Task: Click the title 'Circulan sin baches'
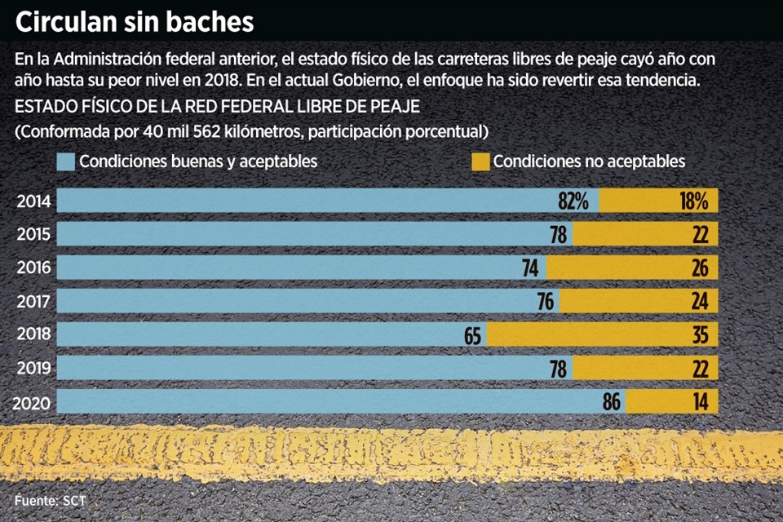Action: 135,22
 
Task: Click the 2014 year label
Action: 34,201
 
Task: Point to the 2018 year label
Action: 34,334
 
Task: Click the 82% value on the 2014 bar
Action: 573,201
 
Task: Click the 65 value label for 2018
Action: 472,334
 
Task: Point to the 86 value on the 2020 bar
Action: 612,401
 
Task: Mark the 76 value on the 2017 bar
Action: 546,301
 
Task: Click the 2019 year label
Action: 34,368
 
